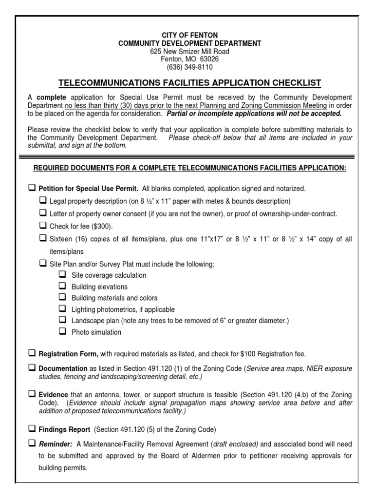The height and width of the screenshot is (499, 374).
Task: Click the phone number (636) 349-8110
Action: click(x=190, y=67)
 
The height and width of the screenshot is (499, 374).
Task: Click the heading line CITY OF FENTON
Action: click(x=190, y=36)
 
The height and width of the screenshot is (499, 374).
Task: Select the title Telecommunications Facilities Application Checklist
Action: click(x=190, y=83)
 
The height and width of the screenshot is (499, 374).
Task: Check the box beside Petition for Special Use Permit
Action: click(x=32, y=188)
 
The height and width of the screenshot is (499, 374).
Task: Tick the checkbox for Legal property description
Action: click(x=42, y=201)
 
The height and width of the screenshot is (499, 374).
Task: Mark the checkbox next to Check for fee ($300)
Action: click(x=42, y=226)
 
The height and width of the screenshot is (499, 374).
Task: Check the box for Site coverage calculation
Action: click(x=62, y=275)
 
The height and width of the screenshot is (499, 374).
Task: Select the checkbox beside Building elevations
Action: click(x=62, y=286)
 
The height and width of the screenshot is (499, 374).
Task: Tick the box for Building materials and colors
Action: click(x=62, y=297)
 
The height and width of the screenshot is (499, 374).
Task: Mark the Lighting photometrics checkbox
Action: click(x=62, y=309)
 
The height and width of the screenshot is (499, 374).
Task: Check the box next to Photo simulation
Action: click(x=62, y=332)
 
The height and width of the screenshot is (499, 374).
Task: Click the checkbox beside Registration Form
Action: click(x=32, y=353)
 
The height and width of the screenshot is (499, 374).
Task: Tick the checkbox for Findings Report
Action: click(x=32, y=429)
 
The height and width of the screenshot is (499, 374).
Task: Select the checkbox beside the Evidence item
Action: click(x=32, y=393)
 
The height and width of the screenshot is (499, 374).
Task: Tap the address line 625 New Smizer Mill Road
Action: click(x=190, y=52)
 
